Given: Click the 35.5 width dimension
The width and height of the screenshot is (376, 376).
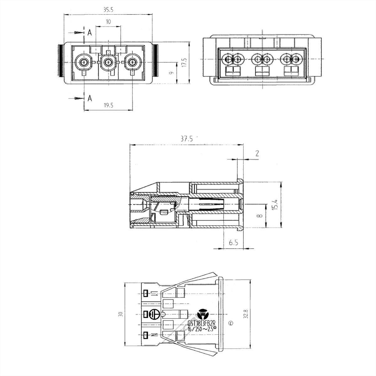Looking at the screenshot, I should click(x=108, y=10).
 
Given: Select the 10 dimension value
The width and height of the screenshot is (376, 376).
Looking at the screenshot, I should click(x=108, y=22).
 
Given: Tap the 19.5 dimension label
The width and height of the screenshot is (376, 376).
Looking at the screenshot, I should click(x=108, y=106).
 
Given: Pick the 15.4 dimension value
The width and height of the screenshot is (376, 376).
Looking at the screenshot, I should click(x=275, y=205).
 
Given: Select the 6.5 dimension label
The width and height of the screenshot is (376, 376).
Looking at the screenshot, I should click(x=234, y=243).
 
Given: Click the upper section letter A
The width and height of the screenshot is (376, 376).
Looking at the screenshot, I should click(x=90, y=33).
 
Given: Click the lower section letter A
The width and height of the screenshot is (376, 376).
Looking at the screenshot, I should click(x=90, y=98).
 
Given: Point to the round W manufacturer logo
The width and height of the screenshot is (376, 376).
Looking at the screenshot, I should click(x=203, y=314).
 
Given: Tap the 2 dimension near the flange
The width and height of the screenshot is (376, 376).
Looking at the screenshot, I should click(x=257, y=154).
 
